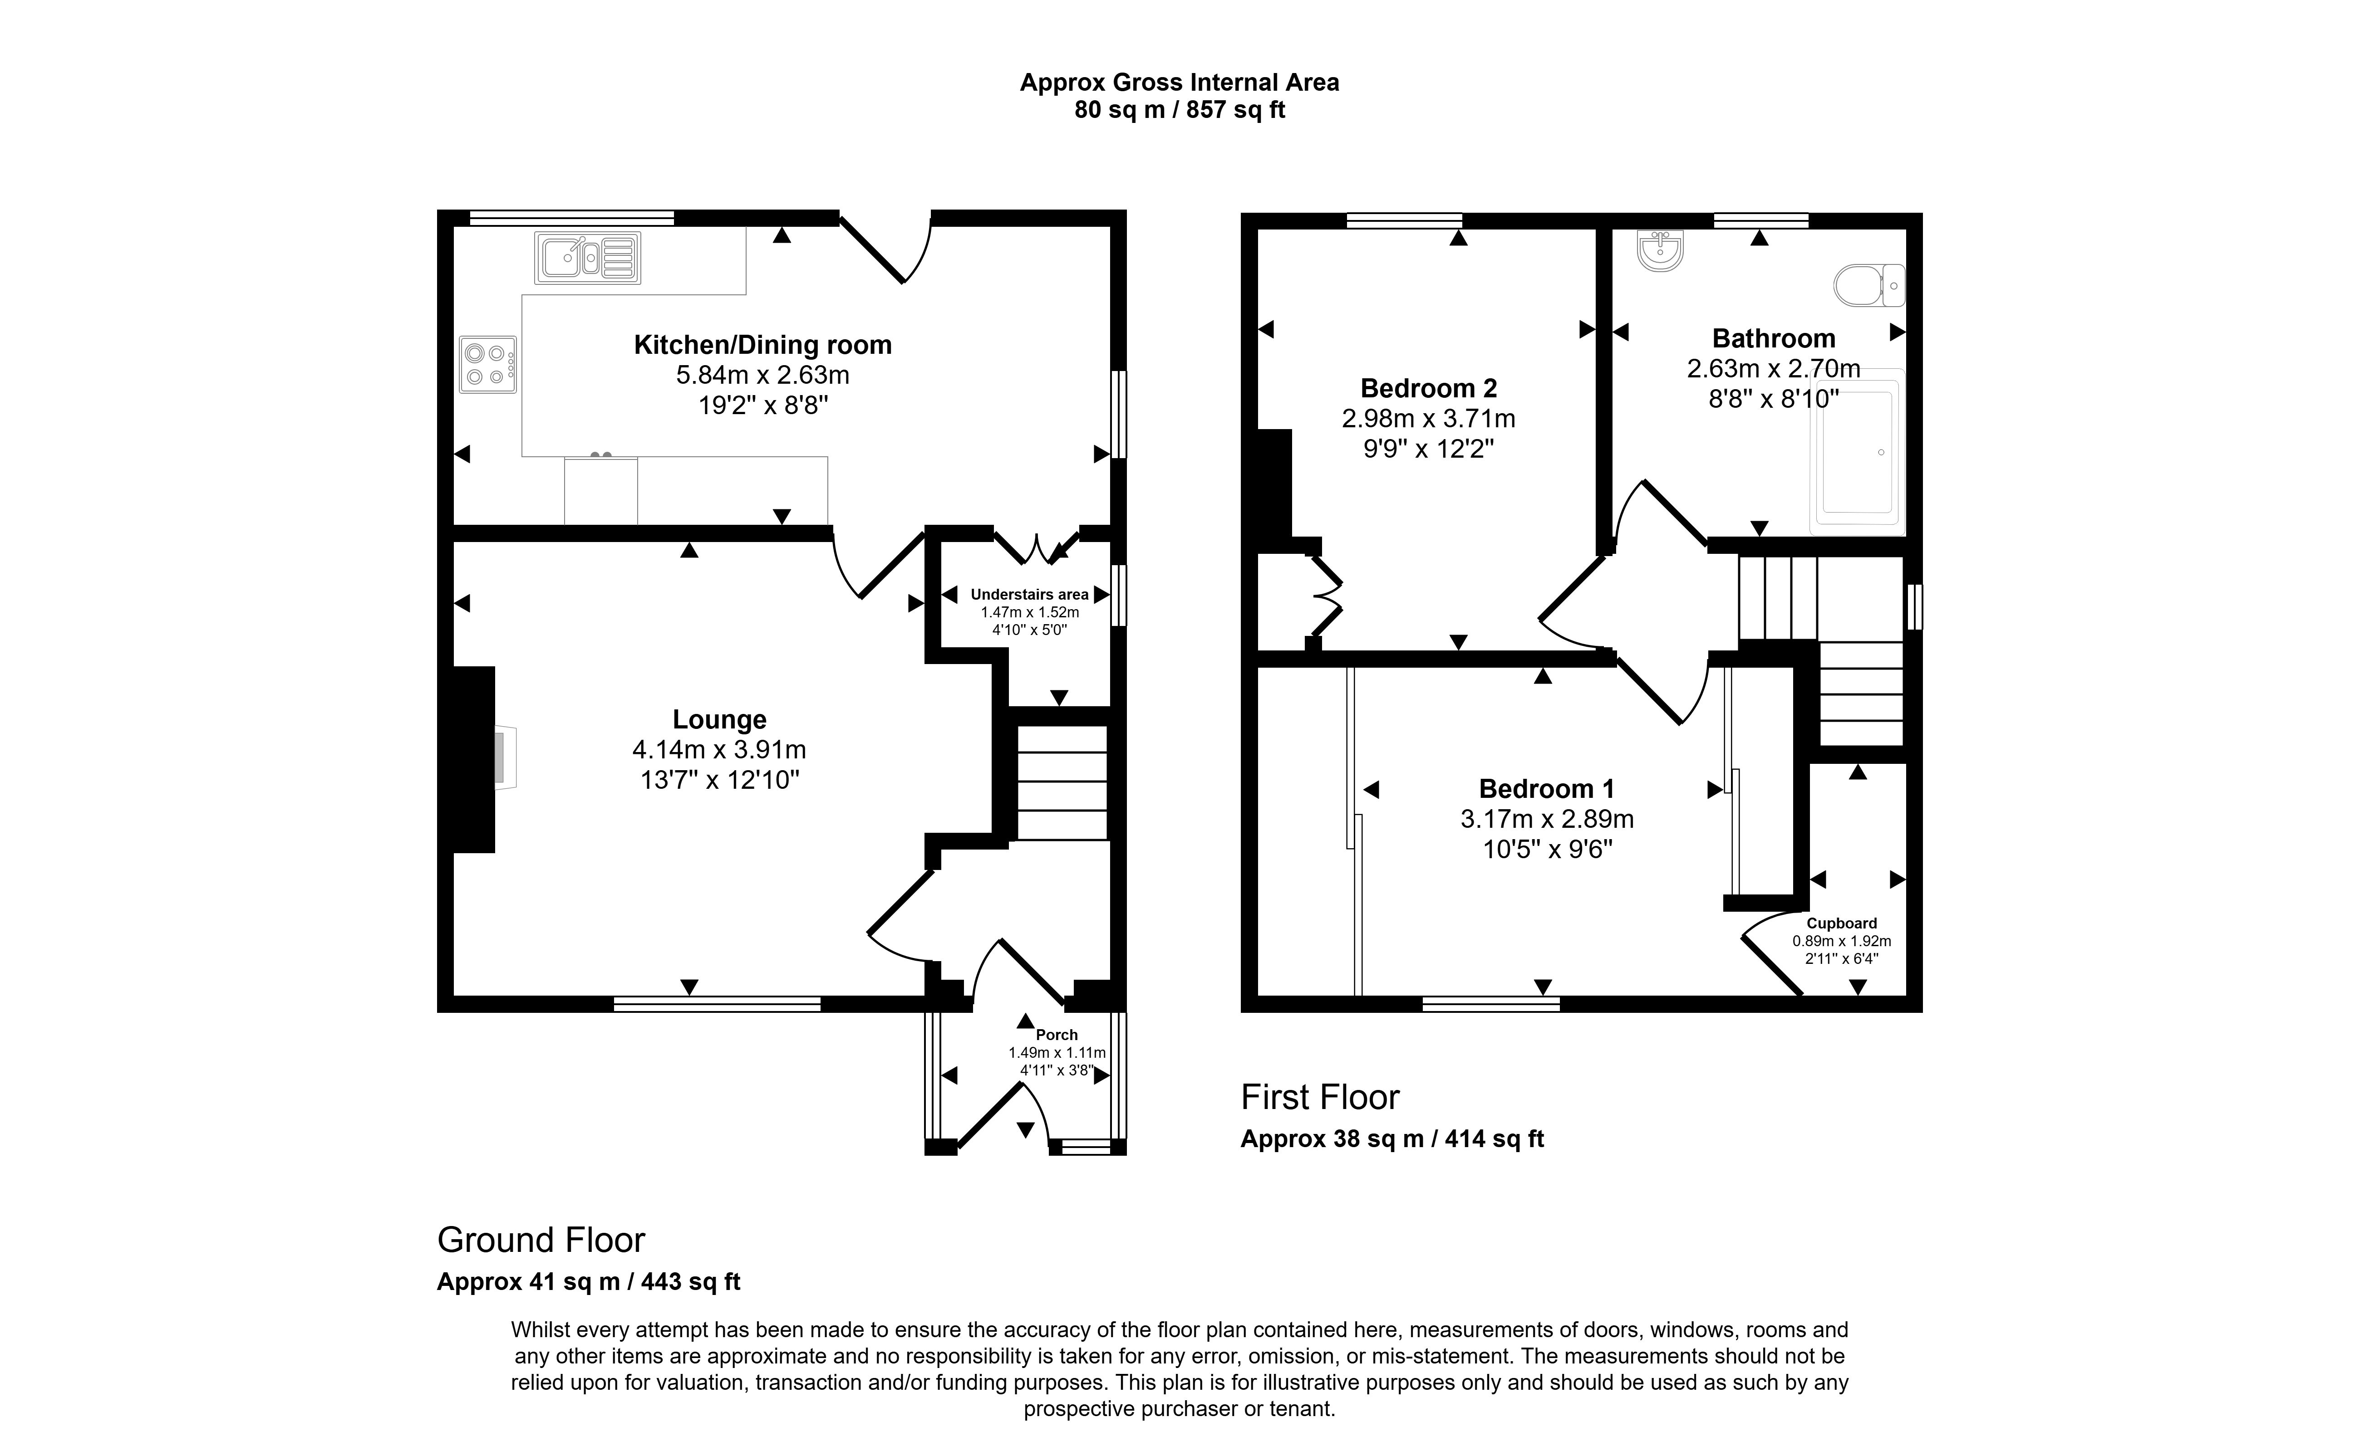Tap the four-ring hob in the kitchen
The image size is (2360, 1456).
click(x=487, y=364)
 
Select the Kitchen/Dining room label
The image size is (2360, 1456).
click(x=762, y=345)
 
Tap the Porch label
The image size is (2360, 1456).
click(x=1057, y=1034)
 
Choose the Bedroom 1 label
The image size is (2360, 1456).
click(x=1546, y=789)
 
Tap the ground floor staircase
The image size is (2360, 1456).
click(x=1062, y=782)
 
